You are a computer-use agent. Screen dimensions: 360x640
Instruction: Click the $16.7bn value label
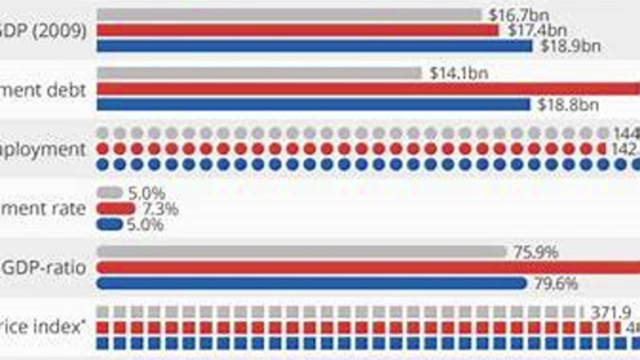tap(518, 15)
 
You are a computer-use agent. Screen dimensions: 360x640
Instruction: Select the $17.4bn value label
tap(537, 30)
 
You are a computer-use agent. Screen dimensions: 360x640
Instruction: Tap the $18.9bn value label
tap(570, 46)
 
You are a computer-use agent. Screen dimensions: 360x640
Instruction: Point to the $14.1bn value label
tap(458, 73)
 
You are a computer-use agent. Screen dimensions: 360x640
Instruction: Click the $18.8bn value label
tap(567, 105)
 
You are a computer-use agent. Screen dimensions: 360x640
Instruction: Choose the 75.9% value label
tap(535, 252)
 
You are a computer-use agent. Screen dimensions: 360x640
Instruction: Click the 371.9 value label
tap(610, 313)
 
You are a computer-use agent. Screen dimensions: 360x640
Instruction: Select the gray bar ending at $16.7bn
tap(289, 15)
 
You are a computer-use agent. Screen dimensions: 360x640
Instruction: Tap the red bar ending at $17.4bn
tap(297, 30)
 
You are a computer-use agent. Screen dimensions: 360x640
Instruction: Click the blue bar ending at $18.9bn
tap(314, 46)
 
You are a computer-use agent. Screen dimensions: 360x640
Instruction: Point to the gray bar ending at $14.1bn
tap(259, 73)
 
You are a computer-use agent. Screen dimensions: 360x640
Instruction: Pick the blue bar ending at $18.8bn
tap(313, 105)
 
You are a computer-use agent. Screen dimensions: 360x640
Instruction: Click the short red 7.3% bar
tap(115, 209)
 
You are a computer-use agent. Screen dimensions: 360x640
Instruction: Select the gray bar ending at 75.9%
tap(301, 252)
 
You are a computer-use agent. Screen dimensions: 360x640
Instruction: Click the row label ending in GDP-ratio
tap(44, 268)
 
